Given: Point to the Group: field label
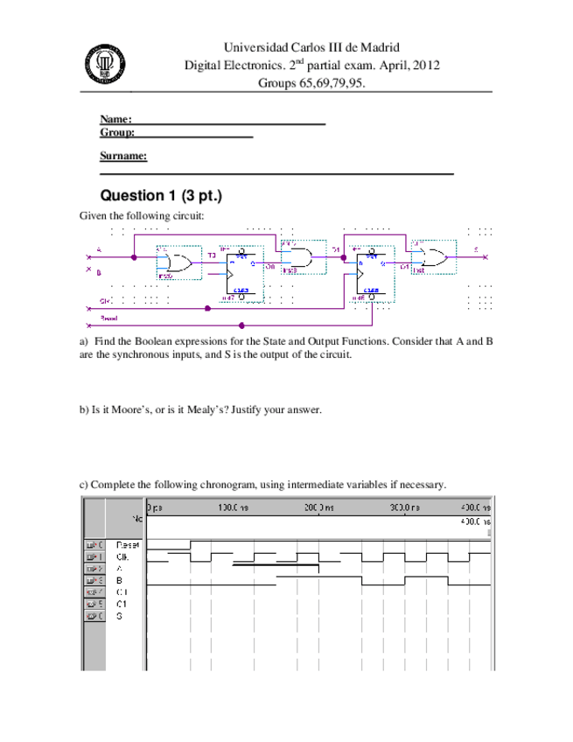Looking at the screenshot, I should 117,132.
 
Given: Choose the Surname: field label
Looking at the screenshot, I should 123,156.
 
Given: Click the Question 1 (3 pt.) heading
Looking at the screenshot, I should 161,194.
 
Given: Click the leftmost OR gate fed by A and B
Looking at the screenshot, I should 178,262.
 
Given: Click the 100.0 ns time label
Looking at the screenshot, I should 231,507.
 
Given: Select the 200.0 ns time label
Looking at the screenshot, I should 318,507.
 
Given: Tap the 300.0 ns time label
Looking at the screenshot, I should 405,507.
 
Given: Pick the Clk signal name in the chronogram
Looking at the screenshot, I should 122,556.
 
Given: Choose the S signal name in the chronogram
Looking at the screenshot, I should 119,615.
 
